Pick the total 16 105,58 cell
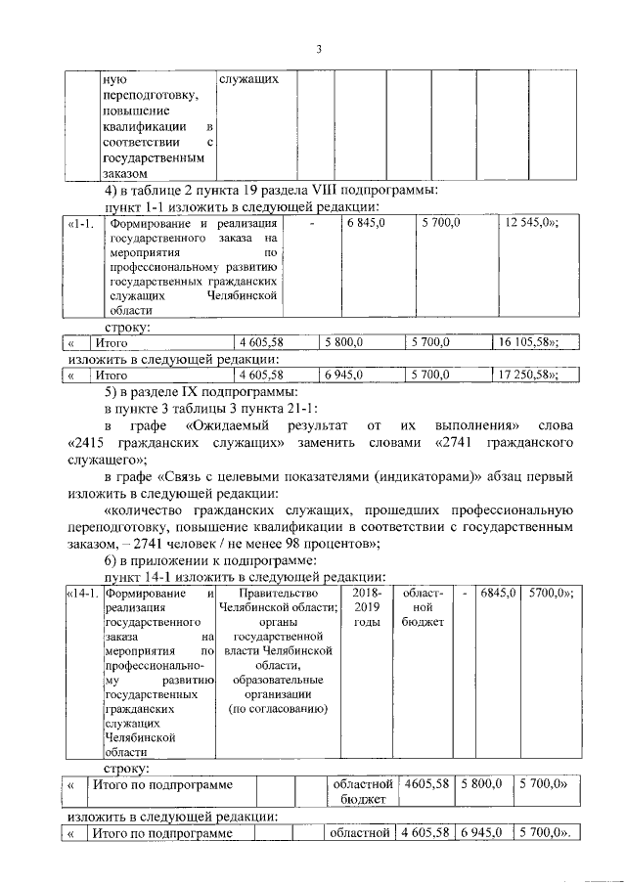point(531,343)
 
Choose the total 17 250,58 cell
point(531,374)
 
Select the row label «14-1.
point(83,594)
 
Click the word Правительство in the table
point(279,594)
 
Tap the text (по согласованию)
point(279,708)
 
